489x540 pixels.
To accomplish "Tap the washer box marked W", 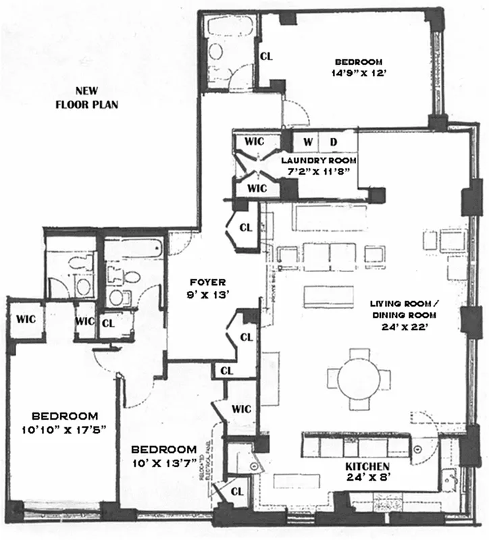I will (307, 142).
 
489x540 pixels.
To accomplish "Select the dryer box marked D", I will (332, 142).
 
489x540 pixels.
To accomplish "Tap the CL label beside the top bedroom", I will (267, 57).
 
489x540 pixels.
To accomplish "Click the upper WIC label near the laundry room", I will (254, 141).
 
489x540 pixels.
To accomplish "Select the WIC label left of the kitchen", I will (241, 408).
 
